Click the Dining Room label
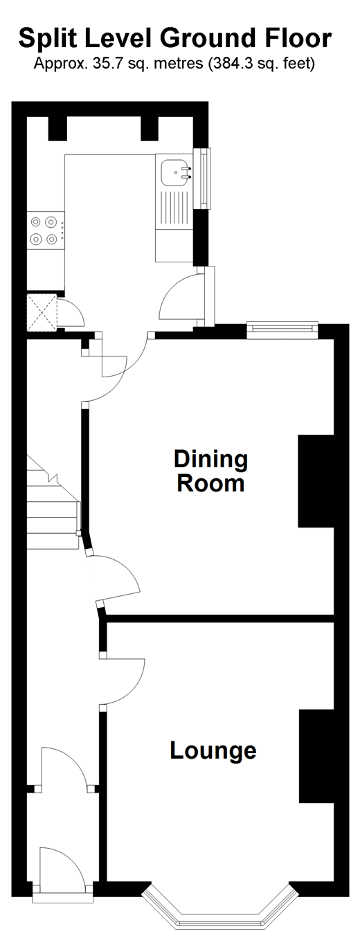point(211,471)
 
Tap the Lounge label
point(213,750)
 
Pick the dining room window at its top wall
point(282,330)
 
